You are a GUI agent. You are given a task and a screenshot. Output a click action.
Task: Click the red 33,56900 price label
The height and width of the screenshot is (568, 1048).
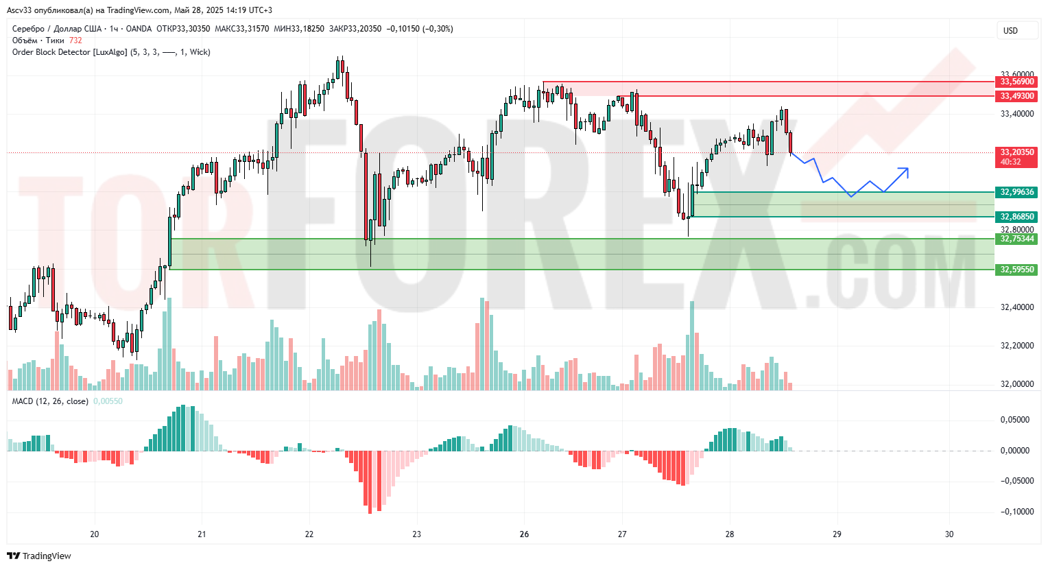click(x=1016, y=82)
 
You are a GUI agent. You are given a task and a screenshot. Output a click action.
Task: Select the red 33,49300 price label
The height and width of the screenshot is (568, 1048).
click(x=1016, y=96)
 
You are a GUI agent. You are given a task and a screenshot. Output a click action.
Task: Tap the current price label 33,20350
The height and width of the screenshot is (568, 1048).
click(x=1016, y=152)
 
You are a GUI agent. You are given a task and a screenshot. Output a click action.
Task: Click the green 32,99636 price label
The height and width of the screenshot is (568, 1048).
click(x=1016, y=192)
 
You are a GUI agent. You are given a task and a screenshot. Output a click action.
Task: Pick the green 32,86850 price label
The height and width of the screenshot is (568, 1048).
click(x=1016, y=217)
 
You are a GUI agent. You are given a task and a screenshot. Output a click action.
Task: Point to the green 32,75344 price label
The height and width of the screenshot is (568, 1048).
click(x=1016, y=239)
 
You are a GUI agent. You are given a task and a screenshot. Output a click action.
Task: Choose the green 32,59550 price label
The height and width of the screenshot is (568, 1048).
click(x=1016, y=270)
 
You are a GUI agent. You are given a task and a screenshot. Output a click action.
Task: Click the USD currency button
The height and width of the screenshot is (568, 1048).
click(x=1010, y=30)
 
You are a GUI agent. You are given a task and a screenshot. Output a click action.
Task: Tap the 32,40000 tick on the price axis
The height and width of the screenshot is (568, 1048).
click(x=1016, y=307)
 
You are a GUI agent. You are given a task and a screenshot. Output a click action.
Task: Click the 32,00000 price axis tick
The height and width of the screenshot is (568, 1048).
click(x=1016, y=384)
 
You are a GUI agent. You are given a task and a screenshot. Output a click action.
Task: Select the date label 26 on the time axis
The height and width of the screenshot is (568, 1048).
click(x=524, y=534)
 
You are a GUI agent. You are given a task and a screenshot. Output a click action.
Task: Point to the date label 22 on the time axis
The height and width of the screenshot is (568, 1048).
click(x=309, y=534)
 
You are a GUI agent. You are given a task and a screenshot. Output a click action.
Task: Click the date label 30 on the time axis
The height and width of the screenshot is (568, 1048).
click(x=949, y=534)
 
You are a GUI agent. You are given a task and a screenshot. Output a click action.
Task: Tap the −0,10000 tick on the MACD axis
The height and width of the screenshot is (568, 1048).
click(x=1014, y=512)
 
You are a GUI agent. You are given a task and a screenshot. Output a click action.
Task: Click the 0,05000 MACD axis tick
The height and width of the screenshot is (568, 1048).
click(x=1015, y=420)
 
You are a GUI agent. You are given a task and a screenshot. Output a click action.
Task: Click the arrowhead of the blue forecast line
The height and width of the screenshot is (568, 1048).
click(x=905, y=169)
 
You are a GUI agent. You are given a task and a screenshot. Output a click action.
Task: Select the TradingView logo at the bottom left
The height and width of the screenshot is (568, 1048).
click(x=39, y=556)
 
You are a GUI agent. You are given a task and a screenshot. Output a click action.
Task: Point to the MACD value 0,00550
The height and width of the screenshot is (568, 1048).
click(x=108, y=401)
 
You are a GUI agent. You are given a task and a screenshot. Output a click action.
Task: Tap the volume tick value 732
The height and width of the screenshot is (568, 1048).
click(x=75, y=40)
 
